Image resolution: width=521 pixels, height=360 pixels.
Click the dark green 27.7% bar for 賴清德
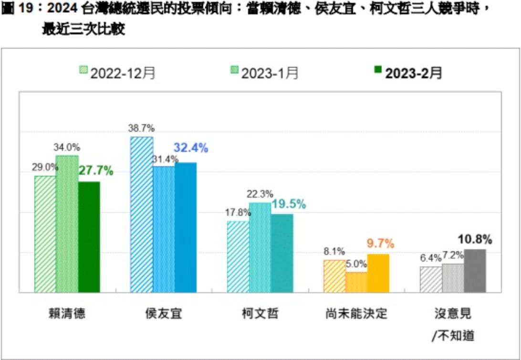pos(89,237)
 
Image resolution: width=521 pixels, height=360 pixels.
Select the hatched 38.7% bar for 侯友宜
pos(142,214)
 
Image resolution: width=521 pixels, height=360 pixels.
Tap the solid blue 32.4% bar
pos(186,227)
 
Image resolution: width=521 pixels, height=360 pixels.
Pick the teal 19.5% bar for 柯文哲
pos(282,253)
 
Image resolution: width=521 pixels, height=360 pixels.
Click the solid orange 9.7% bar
pos(378,273)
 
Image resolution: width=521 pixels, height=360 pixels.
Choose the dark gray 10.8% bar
pos(475,271)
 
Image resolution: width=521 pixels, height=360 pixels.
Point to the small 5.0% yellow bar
pos(356,282)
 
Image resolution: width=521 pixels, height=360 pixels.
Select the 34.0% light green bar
pos(67,223)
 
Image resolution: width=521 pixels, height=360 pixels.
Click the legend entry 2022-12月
pos(117,73)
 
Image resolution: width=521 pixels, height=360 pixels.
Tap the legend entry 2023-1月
pos(265,73)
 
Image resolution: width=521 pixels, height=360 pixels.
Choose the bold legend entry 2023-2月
pos(408,73)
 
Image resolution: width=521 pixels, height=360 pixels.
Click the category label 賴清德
pos(66,314)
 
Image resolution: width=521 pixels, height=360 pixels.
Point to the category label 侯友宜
pos(163,314)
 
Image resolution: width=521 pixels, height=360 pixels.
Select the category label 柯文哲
pos(260,314)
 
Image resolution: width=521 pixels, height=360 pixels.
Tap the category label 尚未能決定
pos(356,314)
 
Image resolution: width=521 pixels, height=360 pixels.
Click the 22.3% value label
pos(260,194)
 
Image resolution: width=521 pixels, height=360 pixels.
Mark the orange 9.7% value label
pos(380,244)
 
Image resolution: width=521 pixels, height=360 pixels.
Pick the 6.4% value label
pos(430,258)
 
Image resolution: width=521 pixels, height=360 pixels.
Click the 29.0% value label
pos(45,167)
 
